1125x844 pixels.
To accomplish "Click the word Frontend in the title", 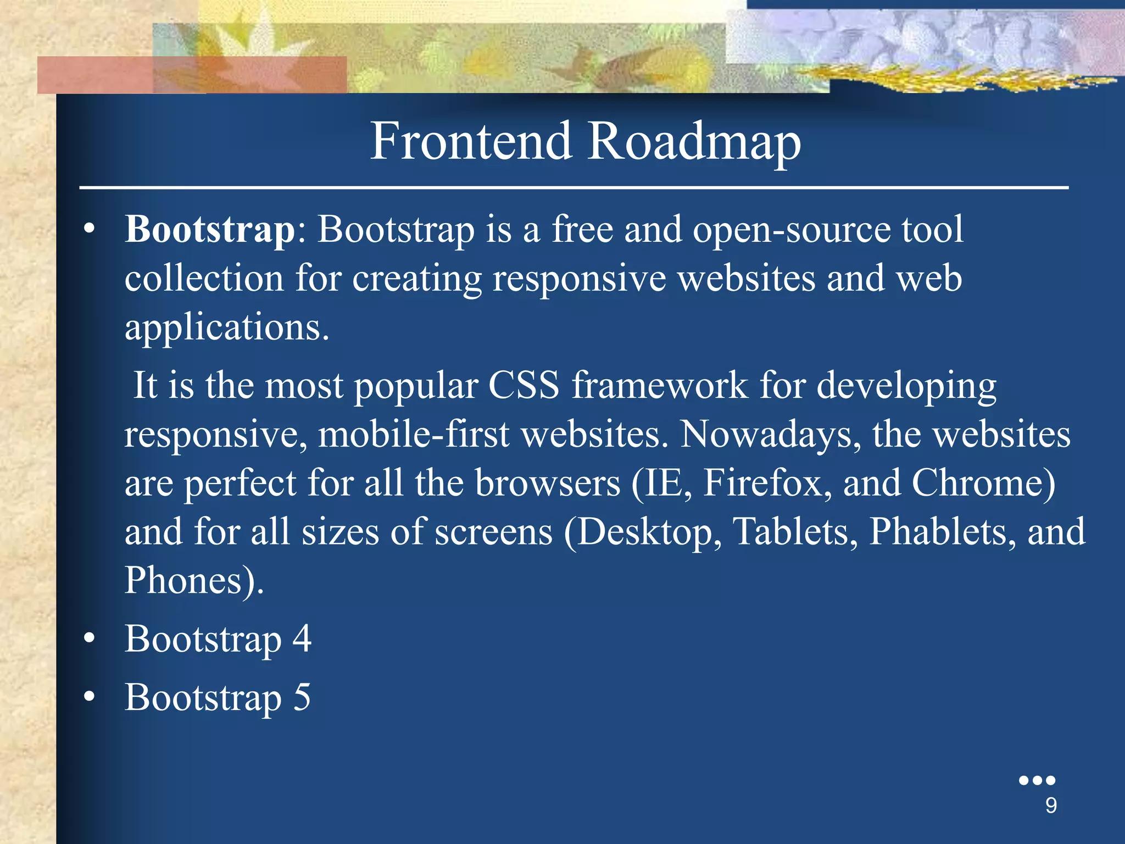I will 471,141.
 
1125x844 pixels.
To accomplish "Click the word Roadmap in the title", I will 695,142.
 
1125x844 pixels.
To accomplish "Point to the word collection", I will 204,278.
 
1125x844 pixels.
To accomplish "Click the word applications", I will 226,328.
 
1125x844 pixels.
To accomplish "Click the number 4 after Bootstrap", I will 302,638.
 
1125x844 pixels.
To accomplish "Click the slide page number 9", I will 1051,806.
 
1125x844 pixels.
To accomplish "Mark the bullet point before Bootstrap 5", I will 90,697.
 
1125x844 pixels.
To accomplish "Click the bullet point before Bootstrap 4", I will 90,638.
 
